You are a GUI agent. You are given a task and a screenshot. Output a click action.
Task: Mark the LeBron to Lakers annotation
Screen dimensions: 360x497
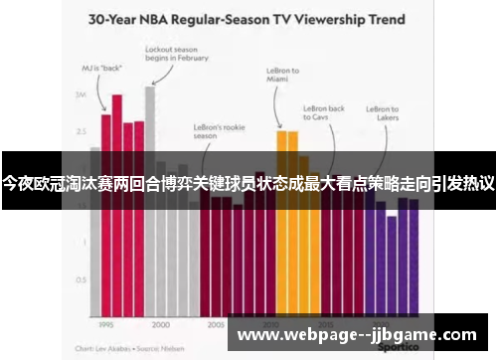click(383, 113)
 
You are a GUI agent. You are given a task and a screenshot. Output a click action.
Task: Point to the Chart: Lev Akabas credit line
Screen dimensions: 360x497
click(129, 349)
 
